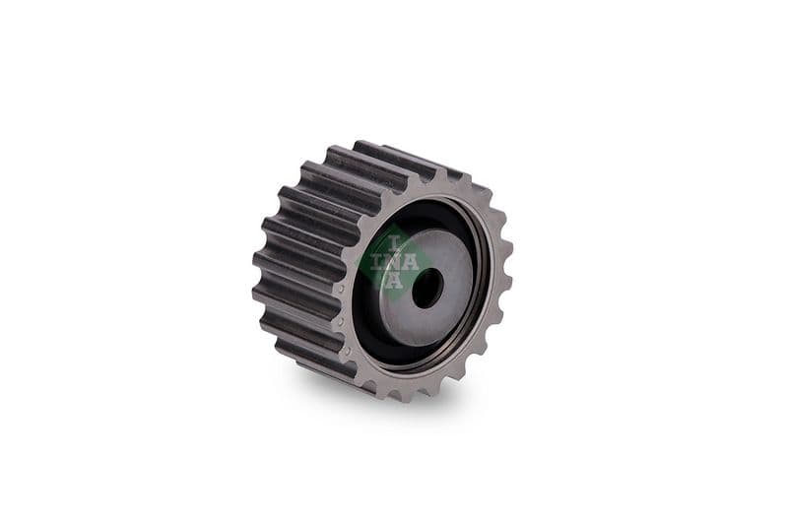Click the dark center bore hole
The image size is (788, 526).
(x=427, y=288)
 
